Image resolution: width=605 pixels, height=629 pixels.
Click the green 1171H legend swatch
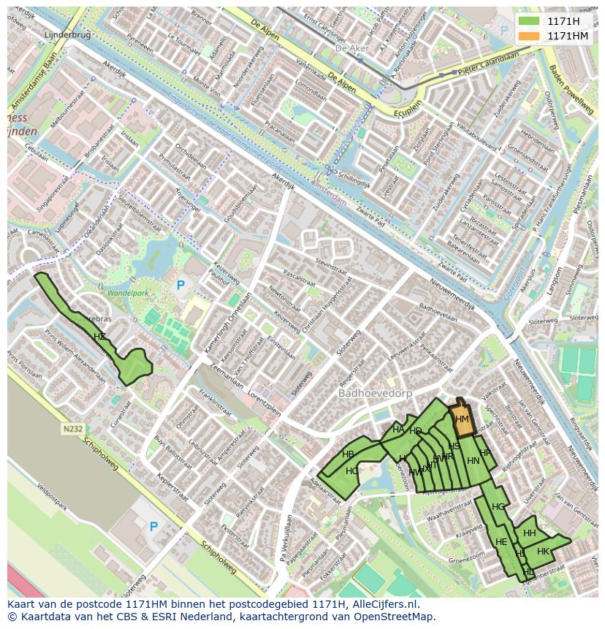click(530, 21)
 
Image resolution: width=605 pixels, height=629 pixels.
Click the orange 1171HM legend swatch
click(530, 36)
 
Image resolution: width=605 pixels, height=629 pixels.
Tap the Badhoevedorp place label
click(376, 393)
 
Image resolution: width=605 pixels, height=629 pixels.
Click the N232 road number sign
click(72, 430)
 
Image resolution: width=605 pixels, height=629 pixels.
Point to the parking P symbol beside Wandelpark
click(180, 286)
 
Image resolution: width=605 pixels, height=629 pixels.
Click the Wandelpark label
click(128, 293)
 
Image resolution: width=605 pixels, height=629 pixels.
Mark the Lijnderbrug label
click(66, 34)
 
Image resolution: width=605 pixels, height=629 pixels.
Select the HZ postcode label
click(99, 337)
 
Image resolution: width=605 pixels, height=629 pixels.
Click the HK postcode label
click(543, 552)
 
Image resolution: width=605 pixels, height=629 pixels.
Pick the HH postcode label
click(530, 533)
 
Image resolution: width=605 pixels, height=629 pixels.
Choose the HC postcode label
click(352, 471)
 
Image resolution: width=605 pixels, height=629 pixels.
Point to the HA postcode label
click(398, 430)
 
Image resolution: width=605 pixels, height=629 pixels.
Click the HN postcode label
click(473, 461)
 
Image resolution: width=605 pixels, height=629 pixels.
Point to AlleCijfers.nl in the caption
click(380, 604)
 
